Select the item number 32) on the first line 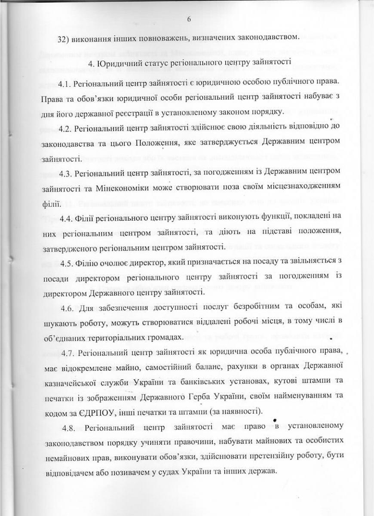click(x=64, y=37)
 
